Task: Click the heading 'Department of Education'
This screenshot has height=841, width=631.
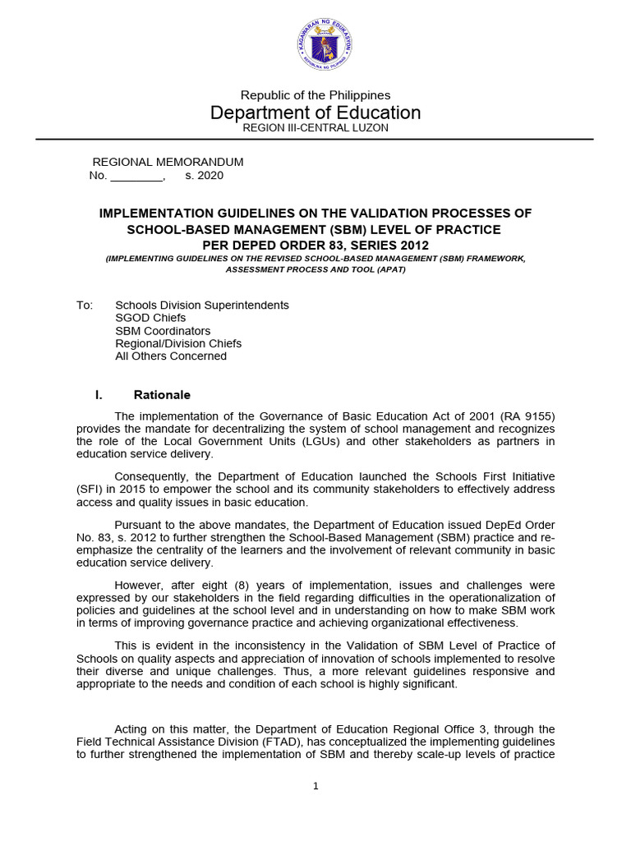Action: (315, 113)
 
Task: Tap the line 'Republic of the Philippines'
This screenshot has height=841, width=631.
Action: (315, 95)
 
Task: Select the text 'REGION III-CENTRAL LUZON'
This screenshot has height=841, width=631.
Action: (315, 128)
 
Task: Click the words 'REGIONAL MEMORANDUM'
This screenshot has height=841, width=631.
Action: (168, 163)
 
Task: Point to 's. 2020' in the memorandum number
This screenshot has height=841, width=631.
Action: (204, 175)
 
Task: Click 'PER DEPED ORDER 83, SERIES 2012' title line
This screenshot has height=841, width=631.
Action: (315, 246)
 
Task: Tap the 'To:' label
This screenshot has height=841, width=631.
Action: (85, 305)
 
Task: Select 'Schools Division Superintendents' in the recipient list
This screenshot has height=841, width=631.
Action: (202, 305)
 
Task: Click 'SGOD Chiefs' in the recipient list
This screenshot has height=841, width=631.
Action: (150, 318)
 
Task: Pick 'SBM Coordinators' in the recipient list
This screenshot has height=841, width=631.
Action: (163, 331)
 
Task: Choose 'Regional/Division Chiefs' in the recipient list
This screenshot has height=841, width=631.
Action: (178, 343)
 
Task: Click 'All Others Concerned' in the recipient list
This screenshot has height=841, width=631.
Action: (171, 356)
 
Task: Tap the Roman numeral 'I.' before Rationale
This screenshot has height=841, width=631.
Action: (99, 395)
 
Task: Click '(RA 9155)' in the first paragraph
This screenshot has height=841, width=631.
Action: (527, 416)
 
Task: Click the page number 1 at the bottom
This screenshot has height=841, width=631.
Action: (315, 786)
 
